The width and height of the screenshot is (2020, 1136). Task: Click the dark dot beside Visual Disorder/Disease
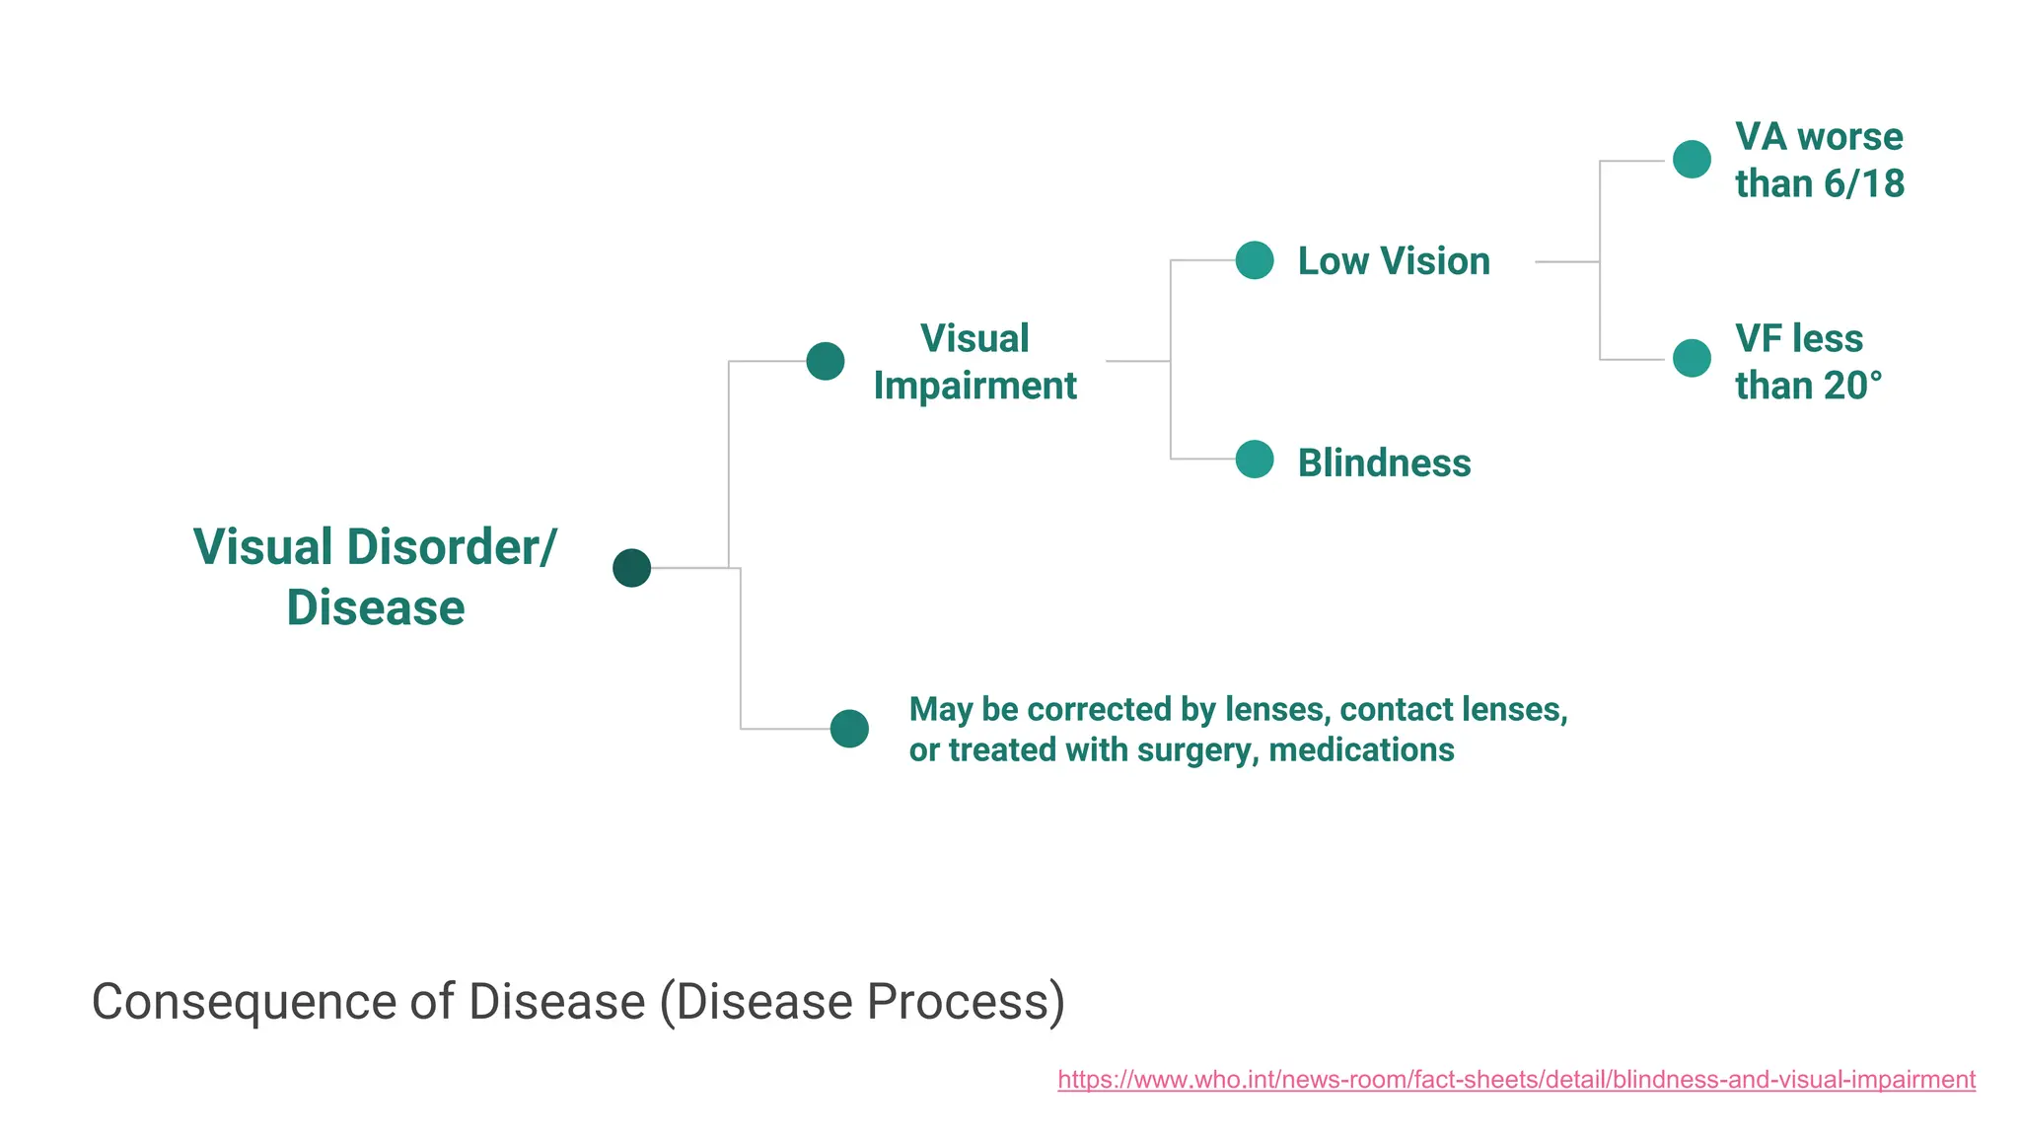tap(631, 568)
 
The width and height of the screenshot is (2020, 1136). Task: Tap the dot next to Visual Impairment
tap(826, 361)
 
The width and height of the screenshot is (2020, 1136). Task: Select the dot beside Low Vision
tap(1255, 260)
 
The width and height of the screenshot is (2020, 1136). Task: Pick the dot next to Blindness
tap(1255, 460)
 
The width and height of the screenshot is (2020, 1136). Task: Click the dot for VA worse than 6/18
tap(1692, 159)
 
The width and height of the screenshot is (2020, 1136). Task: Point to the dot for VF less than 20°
tap(1692, 358)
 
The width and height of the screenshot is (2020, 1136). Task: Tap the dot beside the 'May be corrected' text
tap(849, 729)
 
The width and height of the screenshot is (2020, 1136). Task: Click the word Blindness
tap(1384, 462)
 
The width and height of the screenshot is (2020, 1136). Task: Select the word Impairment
tap(974, 386)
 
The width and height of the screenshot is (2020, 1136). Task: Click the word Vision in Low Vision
tap(1435, 261)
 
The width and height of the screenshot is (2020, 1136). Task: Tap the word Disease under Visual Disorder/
tap(376, 607)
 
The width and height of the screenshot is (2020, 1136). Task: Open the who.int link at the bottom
tap(1516, 1079)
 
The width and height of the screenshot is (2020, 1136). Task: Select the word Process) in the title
tap(966, 1002)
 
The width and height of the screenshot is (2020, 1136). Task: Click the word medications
tap(1361, 750)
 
